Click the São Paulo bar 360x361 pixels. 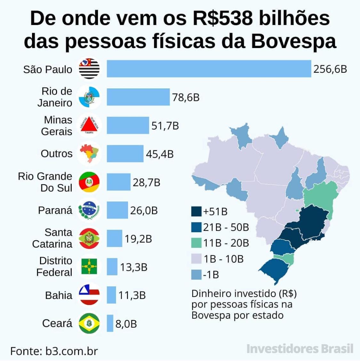pyautogui.click(x=209, y=69)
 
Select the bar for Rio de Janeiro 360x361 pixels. pyautogui.click(x=138, y=97)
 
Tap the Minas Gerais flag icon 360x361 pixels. pyautogui.click(x=89, y=126)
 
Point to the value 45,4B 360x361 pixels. pyautogui.click(x=160, y=154)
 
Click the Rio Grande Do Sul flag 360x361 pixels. pyautogui.click(x=89, y=182)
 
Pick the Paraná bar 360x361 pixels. pyautogui.click(x=117, y=210)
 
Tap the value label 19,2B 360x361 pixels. pyautogui.click(x=138, y=239)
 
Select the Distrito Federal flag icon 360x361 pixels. pyautogui.click(x=89, y=267)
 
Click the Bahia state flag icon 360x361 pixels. pyautogui.click(x=89, y=295)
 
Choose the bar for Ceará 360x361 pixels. pyautogui.click(x=110, y=323)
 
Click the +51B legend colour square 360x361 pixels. pyautogui.click(x=196, y=211)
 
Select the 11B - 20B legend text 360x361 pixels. pyautogui.click(x=226, y=243)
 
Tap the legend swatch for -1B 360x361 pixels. pyautogui.click(x=196, y=275)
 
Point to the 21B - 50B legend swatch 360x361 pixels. pyautogui.click(x=196, y=227)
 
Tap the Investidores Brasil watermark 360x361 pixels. pyautogui.click(x=300, y=349)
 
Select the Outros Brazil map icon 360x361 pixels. pyautogui.click(x=89, y=154)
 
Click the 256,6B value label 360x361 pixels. pyautogui.click(x=330, y=69)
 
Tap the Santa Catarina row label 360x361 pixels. pyautogui.click(x=52, y=238)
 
